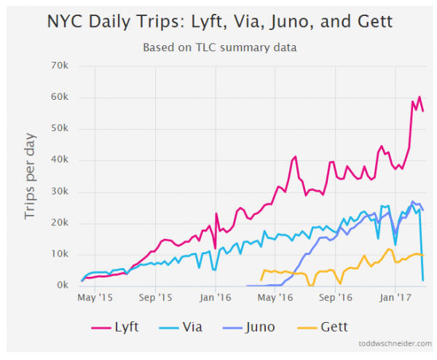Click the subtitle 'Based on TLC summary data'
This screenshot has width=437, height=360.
[219, 49]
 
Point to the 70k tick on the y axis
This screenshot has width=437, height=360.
[59, 66]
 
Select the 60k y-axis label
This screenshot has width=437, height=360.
[59, 98]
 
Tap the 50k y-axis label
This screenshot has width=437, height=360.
[59, 129]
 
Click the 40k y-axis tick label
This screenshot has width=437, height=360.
[59, 160]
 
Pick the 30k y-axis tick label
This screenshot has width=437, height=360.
[59, 192]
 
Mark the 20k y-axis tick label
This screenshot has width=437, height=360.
[59, 223]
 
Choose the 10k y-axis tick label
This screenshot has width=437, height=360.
[59, 254]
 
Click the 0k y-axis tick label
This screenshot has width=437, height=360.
[62, 286]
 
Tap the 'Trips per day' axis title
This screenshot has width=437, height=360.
[30, 176]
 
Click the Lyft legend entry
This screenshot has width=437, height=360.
[117, 326]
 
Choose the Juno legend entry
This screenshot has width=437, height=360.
[251, 326]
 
